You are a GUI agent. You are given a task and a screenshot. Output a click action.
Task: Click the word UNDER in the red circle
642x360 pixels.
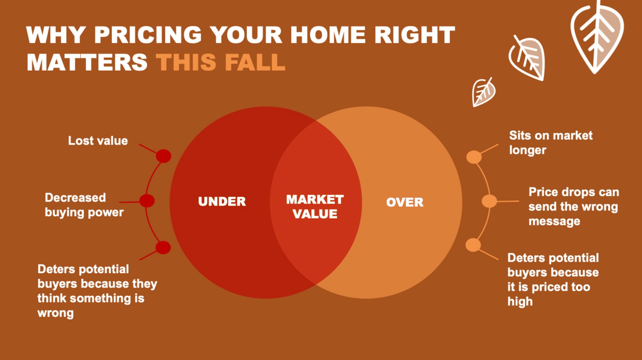[222, 202]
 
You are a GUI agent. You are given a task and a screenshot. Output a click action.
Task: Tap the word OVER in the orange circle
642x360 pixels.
[405, 203]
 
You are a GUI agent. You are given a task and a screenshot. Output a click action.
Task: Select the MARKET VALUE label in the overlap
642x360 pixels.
[315, 207]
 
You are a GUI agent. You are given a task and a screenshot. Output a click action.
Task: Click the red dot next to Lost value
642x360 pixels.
[164, 156]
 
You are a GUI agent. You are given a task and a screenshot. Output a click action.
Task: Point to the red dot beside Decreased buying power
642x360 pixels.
[147, 201]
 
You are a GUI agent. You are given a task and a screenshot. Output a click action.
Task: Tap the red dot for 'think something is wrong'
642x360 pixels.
[163, 247]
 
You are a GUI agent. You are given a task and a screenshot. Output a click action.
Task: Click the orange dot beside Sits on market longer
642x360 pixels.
[474, 157]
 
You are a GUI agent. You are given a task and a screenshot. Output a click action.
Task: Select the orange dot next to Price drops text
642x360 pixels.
[489, 201]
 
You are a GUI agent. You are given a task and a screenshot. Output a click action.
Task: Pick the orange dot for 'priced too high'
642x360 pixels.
[473, 245]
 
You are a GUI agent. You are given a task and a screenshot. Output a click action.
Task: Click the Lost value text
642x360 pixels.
[98, 141]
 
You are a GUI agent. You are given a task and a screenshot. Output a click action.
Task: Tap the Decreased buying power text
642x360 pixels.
[84, 205]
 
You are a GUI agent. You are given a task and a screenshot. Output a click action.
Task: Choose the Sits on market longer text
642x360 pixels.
[551, 142]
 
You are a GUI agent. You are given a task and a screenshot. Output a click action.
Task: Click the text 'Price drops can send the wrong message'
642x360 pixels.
[573, 207]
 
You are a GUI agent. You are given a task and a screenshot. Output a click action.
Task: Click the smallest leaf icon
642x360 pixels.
[484, 92]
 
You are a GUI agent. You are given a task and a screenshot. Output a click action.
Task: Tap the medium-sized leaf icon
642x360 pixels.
[527, 57]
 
